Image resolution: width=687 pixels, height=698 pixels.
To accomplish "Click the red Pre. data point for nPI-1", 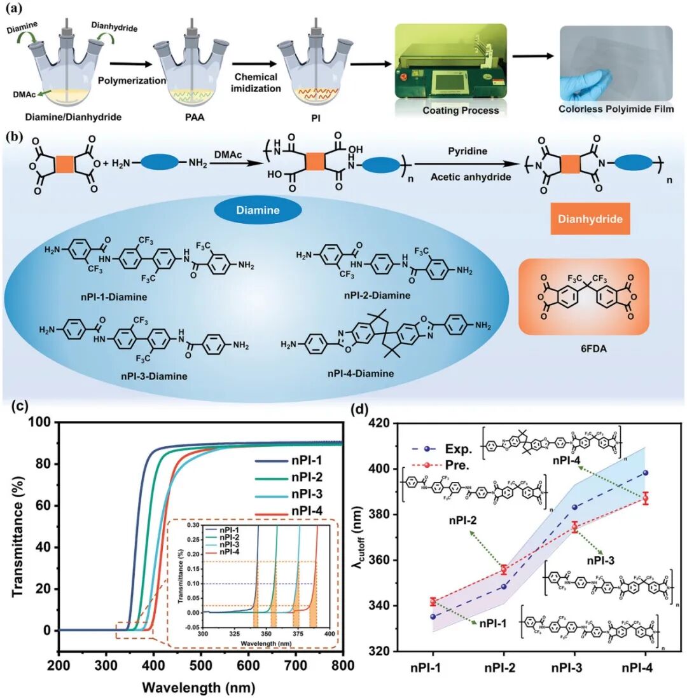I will point(433,601).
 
